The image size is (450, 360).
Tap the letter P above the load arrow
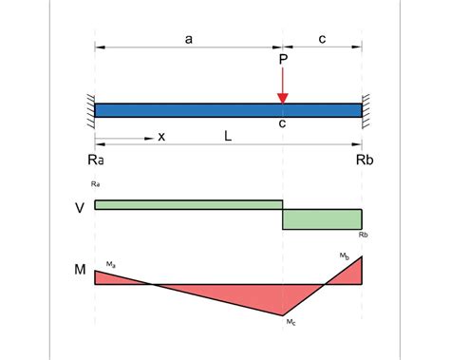click(x=283, y=60)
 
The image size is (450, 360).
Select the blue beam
click(x=228, y=109)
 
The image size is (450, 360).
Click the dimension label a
click(x=189, y=39)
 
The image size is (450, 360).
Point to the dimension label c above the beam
click(x=323, y=39)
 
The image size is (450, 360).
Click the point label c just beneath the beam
click(x=283, y=124)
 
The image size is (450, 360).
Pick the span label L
click(x=228, y=137)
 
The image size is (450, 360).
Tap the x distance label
click(x=161, y=137)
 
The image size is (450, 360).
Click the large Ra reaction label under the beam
click(x=95, y=161)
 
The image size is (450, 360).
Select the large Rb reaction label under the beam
click(x=365, y=161)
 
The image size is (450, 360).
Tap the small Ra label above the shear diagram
click(x=95, y=181)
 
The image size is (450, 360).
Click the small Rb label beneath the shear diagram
click(x=364, y=235)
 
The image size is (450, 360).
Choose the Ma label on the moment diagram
click(x=111, y=263)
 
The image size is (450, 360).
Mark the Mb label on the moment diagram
click(x=346, y=256)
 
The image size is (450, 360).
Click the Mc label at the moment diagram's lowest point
click(x=291, y=324)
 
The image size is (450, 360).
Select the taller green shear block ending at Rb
click(x=323, y=218)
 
